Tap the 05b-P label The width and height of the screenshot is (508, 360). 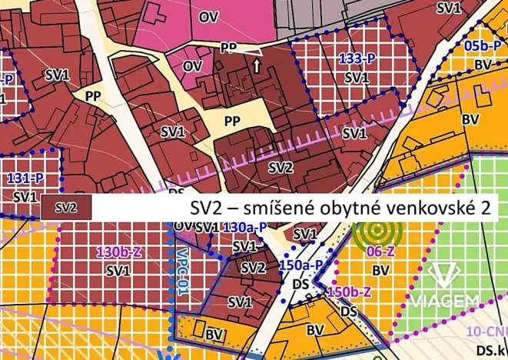[x=483, y=45]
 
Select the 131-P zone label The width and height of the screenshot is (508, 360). [x=25, y=178]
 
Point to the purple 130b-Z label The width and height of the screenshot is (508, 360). [x=118, y=252]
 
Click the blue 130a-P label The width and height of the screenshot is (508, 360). [x=244, y=228]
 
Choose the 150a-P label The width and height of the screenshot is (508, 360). [x=299, y=264]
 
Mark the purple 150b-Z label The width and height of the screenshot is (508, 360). [x=349, y=292]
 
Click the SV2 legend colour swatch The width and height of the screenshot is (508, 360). [x=66, y=207]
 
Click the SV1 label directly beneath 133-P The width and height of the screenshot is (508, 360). [x=356, y=78]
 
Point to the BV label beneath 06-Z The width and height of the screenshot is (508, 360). [x=380, y=270]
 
